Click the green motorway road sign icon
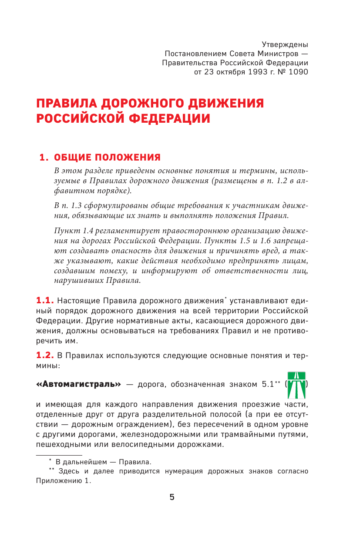click(x=297, y=385)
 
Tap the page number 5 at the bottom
click(x=172, y=497)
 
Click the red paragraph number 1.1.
click(x=44, y=300)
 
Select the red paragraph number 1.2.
click(x=44, y=356)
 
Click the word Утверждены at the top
click(x=285, y=44)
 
